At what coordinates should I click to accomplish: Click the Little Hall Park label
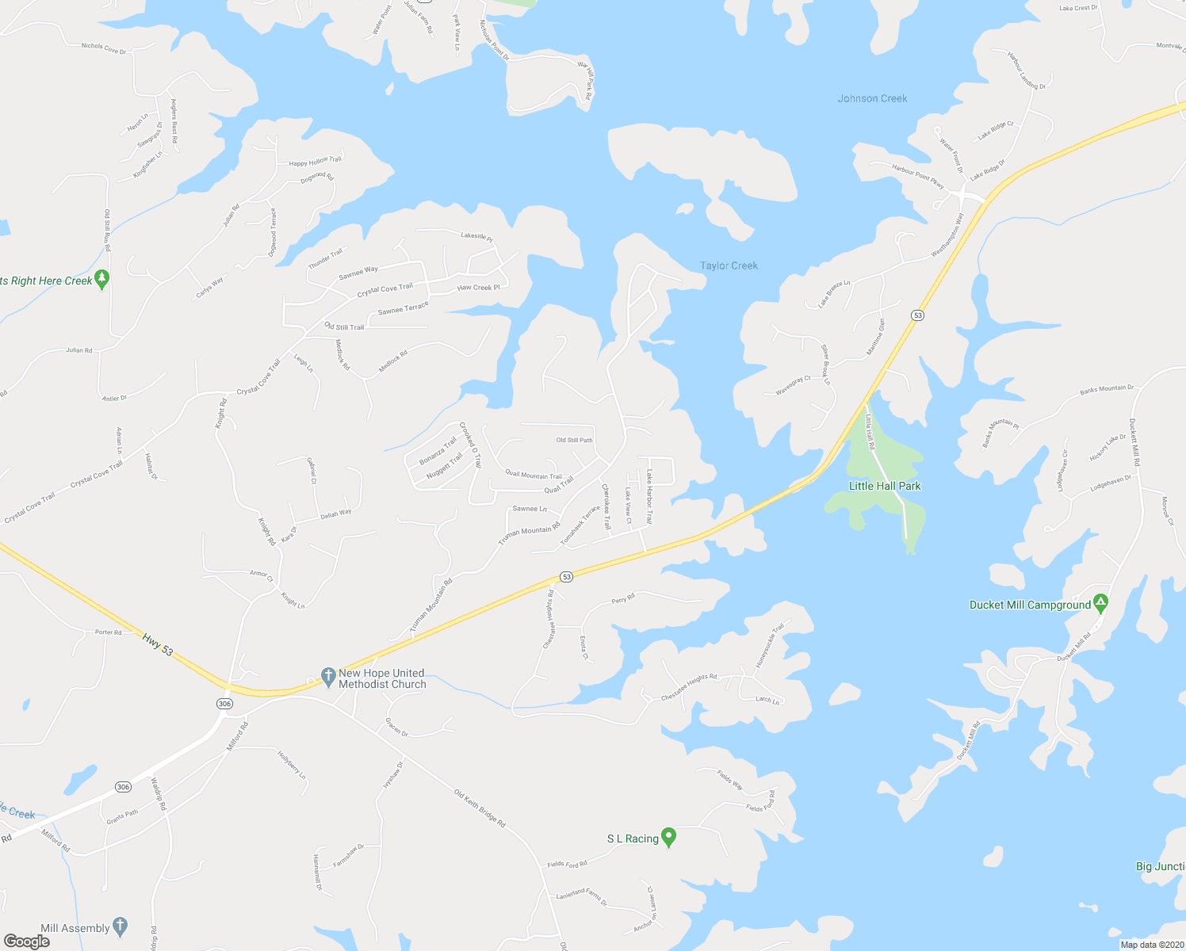[885, 486]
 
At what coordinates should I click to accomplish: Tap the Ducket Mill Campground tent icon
[1100, 604]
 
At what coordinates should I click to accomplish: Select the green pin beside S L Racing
[668, 837]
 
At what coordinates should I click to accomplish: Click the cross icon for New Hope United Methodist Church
[328, 677]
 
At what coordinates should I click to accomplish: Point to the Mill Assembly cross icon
[120, 926]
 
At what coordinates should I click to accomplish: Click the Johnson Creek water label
[872, 98]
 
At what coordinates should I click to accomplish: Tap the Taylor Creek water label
[729, 265]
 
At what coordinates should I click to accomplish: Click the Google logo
[27, 941]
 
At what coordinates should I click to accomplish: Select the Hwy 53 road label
[158, 644]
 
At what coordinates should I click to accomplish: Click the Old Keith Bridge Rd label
[480, 808]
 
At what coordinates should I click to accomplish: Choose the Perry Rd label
[623, 599]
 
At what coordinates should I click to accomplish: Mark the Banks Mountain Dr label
[1107, 389]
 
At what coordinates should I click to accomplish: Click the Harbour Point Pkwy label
[917, 176]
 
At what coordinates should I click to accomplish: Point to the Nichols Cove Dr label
[104, 48]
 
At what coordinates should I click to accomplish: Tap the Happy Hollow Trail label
[315, 162]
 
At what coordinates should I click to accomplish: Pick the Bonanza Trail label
[438, 451]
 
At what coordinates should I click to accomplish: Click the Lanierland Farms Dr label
[581, 896]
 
